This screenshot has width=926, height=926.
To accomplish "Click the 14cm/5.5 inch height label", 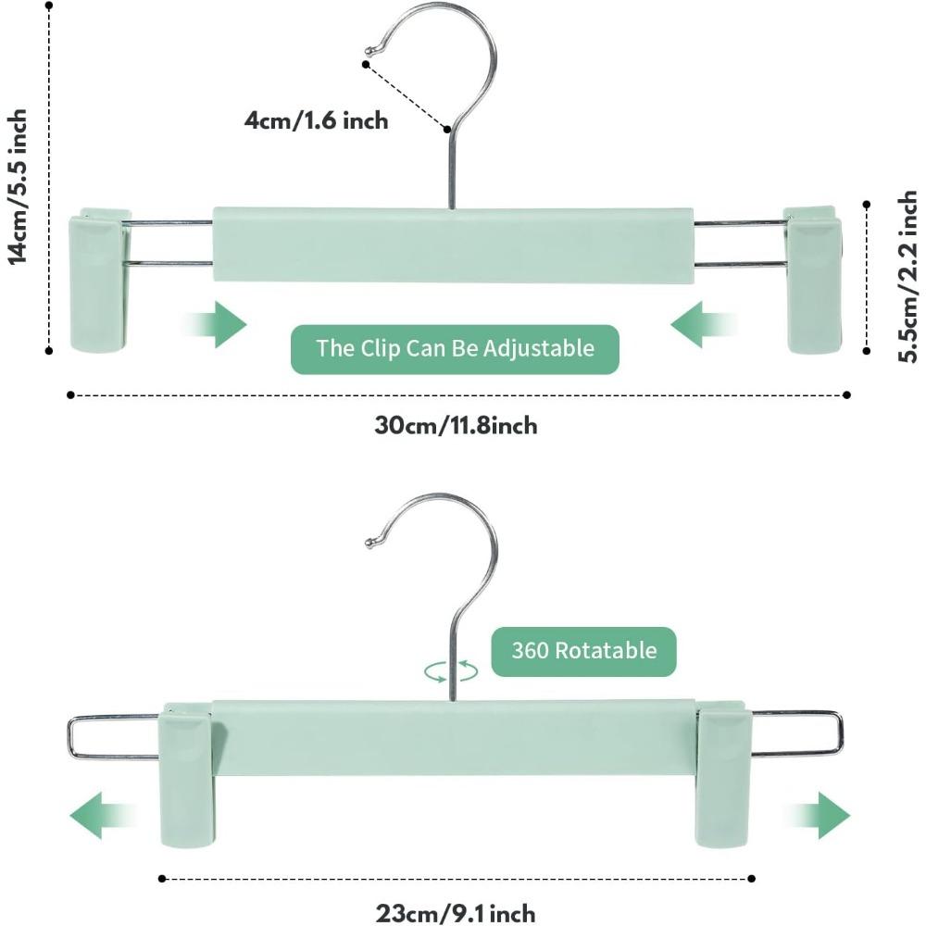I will [19, 185].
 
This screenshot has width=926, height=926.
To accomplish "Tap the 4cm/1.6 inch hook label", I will [317, 120].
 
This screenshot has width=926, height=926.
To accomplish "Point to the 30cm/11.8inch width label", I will [456, 426].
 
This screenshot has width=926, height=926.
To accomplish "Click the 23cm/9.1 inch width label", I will [456, 913].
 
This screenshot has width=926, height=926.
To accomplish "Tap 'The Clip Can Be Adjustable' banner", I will [455, 349].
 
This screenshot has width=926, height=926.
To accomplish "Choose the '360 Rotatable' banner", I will [583, 650].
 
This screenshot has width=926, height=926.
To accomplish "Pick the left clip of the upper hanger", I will [100, 280].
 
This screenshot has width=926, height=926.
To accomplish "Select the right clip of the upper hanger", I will [814, 280].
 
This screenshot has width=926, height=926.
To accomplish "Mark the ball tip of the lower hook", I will [373, 543].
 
